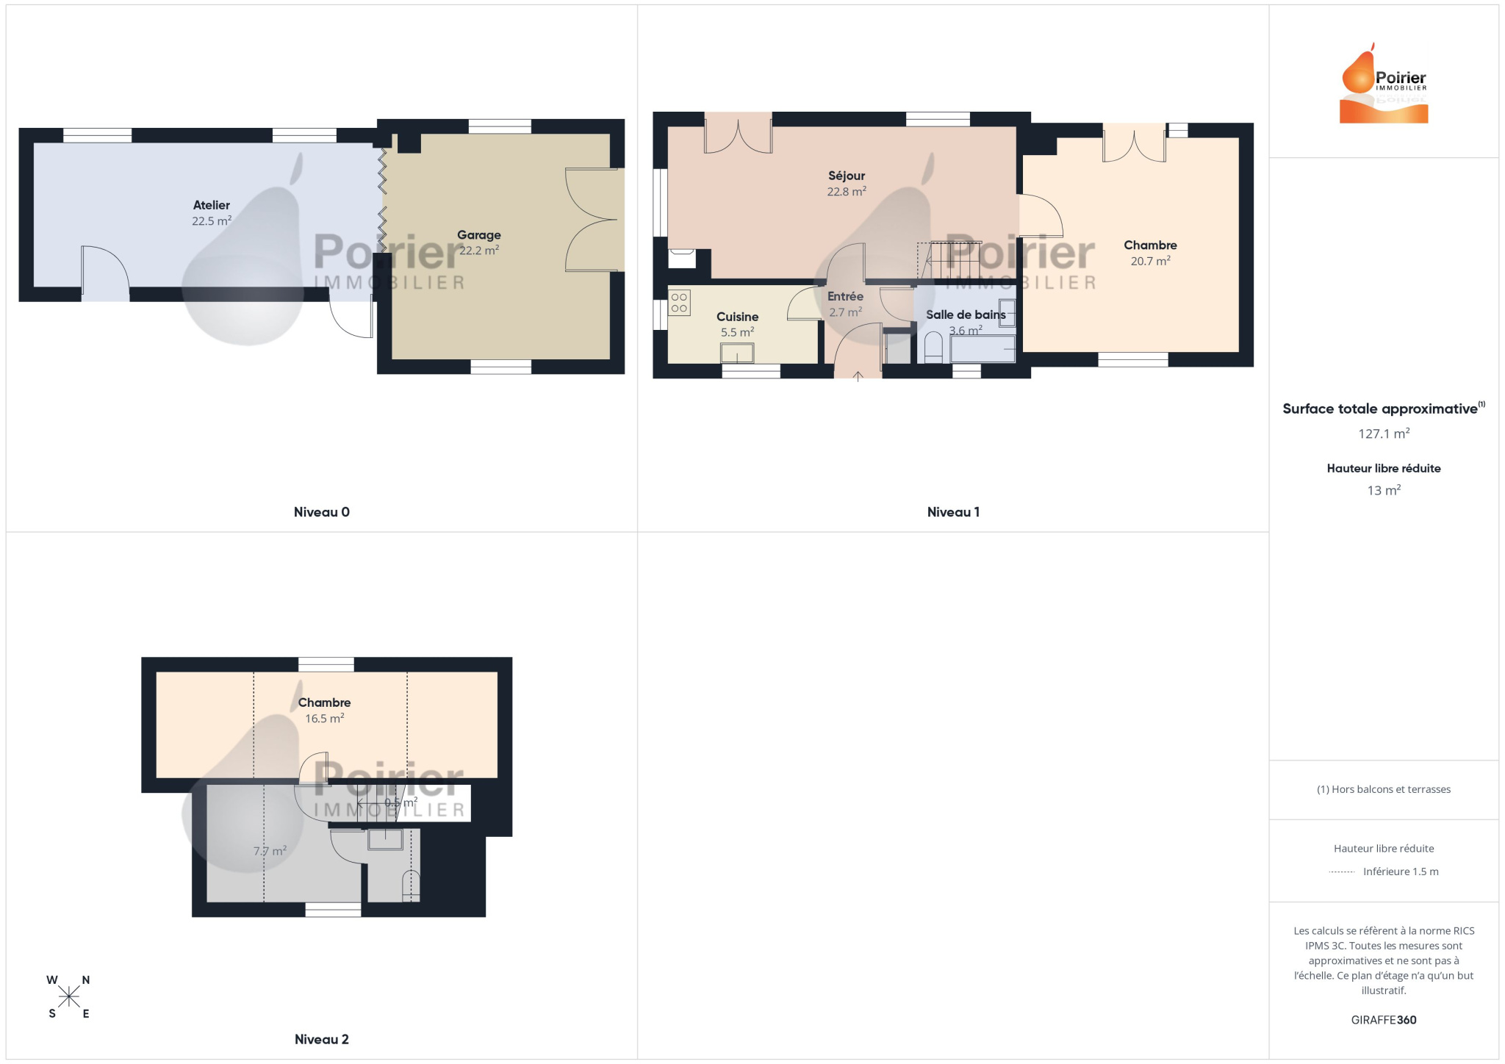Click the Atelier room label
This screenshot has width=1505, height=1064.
[212, 205]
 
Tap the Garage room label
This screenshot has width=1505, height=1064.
[479, 235]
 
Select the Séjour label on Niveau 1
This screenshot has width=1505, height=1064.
[847, 176]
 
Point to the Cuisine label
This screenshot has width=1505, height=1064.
[737, 317]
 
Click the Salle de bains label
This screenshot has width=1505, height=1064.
[966, 314]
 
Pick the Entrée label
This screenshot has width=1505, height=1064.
[845, 296]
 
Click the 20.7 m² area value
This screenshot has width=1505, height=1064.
[1150, 261]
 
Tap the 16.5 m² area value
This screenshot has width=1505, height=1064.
[324, 718]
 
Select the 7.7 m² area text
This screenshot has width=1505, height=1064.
[270, 851]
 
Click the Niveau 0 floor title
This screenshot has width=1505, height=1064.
[322, 512]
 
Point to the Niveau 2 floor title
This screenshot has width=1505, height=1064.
[322, 1039]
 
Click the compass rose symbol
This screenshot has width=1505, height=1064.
[69, 996]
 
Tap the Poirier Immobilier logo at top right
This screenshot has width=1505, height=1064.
[1384, 83]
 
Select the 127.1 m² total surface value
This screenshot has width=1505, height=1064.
[1384, 434]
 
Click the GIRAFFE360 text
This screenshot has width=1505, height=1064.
[1384, 1020]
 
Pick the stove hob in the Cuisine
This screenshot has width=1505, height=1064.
[679, 303]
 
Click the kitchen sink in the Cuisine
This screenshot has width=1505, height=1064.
[737, 353]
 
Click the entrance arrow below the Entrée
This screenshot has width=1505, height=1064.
[858, 376]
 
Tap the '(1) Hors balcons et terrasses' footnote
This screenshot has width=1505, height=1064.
[1384, 789]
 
